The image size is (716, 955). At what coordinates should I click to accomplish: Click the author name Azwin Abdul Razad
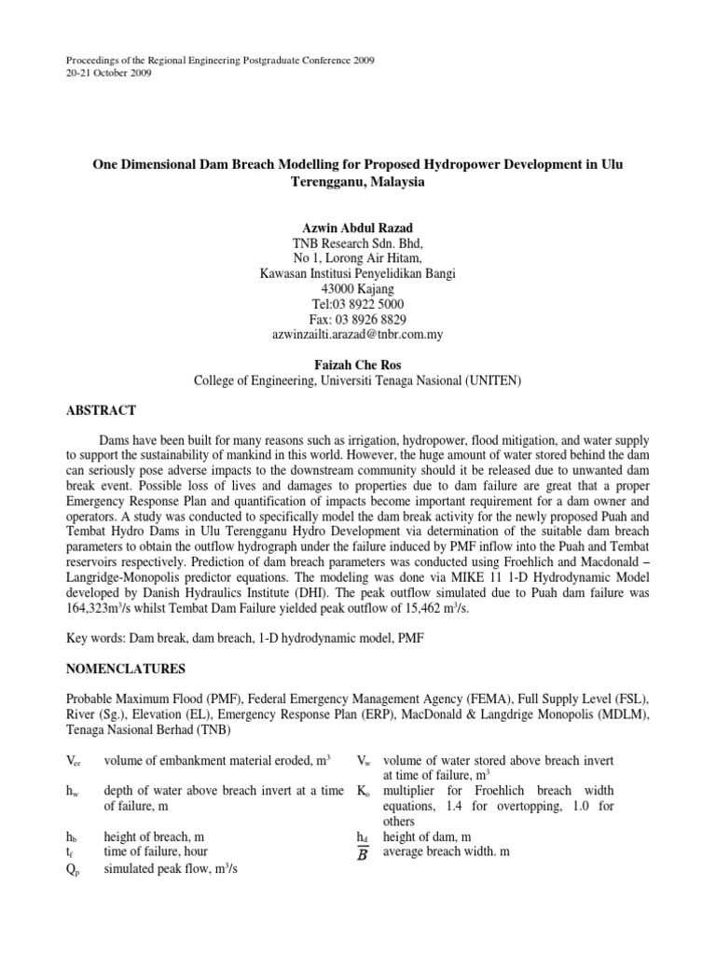click(357, 228)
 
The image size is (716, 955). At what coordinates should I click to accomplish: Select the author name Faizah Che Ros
click(357, 364)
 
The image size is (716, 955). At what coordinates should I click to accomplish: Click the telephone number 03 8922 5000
click(368, 304)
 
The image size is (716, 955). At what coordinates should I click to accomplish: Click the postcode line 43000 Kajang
click(357, 289)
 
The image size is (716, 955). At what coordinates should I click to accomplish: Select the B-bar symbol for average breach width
click(364, 852)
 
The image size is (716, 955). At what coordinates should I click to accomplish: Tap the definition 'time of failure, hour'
click(156, 851)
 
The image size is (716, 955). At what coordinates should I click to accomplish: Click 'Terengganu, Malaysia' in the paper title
click(357, 183)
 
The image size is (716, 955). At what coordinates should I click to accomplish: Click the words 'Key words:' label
click(95, 640)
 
